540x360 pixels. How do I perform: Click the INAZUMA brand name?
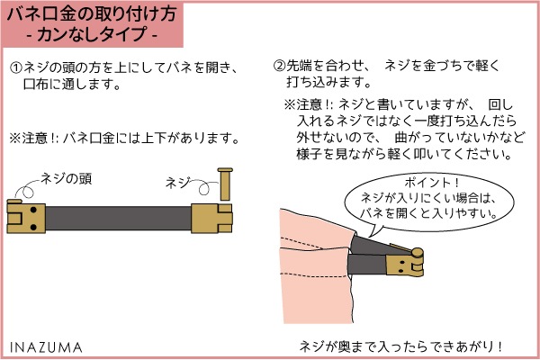click(x=46, y=347)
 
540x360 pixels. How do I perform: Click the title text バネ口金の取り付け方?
click(x=92, y=14)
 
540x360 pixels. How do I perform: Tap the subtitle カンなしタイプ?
click(x=92, y=34)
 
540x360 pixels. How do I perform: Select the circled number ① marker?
click(x=16, y=67)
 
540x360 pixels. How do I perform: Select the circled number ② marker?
click(x=279, y=66)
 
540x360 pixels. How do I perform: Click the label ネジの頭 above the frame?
click(x=66, y=179)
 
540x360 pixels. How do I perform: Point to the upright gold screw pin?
click(x=225, y=184)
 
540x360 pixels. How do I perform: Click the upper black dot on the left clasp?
click(x=33, y=210)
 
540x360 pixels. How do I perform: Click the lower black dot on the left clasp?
click(x=33, y=227)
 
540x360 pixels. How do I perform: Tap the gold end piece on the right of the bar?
click(x=211, y=219)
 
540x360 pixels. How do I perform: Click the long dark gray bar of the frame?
click(x=118, y=219)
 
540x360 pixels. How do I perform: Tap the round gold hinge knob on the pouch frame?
click(x=418, y=253)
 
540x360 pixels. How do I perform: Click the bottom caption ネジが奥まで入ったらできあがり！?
click(x=400, y=346)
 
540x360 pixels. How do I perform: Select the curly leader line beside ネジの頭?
click(x=25, y=188)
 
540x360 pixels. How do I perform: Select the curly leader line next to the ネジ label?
click(x=204, y=186)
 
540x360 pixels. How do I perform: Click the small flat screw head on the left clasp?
click(x=14, y=202)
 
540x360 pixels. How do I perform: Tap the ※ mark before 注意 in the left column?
click(x=15, y=139)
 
